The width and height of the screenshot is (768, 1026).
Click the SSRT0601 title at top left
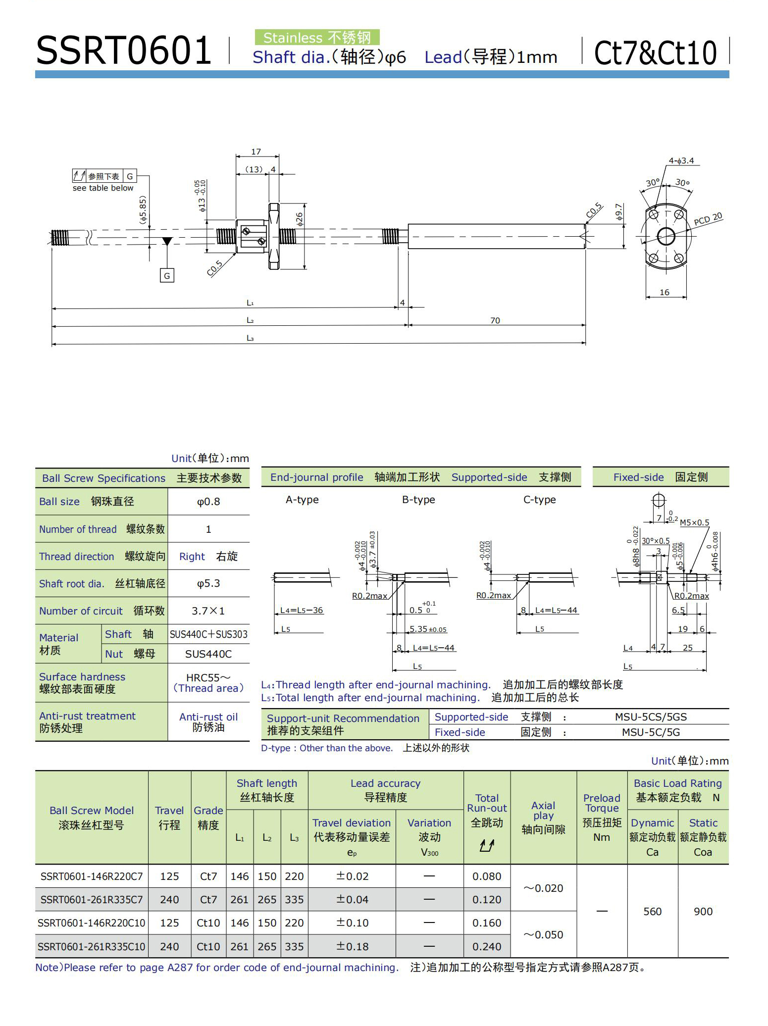click(x=124, y=51)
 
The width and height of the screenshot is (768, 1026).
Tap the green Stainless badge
click(x=317, y=38)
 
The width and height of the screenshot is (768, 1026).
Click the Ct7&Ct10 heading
click(x=655, y=52)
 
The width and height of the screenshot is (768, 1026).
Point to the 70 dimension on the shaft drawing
click(x=495, y=320)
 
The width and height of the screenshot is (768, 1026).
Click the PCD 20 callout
click(x=708, y=219)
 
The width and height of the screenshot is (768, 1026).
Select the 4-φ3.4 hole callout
click(x=681, y=160)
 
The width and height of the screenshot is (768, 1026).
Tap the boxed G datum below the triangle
click(x=167, y=276)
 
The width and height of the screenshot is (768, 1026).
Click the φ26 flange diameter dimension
click(x=300, y=219)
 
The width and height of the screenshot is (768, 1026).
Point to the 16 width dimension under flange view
click(x=665, y=292)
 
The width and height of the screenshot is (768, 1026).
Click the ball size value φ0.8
click(x=208, y=502)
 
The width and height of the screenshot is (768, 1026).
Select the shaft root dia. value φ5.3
click(x=208, y=583)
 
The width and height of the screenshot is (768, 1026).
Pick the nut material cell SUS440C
click(x=208, y=654)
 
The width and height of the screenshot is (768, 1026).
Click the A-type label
click(x=302, y=500)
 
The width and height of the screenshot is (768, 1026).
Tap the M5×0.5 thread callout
click(x=694, y=522)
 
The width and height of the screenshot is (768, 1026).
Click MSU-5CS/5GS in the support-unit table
click(x=651, y=717)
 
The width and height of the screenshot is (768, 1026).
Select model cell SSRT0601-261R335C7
click(x=92, y=900)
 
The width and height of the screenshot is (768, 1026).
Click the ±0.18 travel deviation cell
click(x=352, y=946)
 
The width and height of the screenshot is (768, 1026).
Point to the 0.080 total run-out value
click(x=487, y=876)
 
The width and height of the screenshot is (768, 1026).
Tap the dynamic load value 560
click(x=652, y=911)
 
